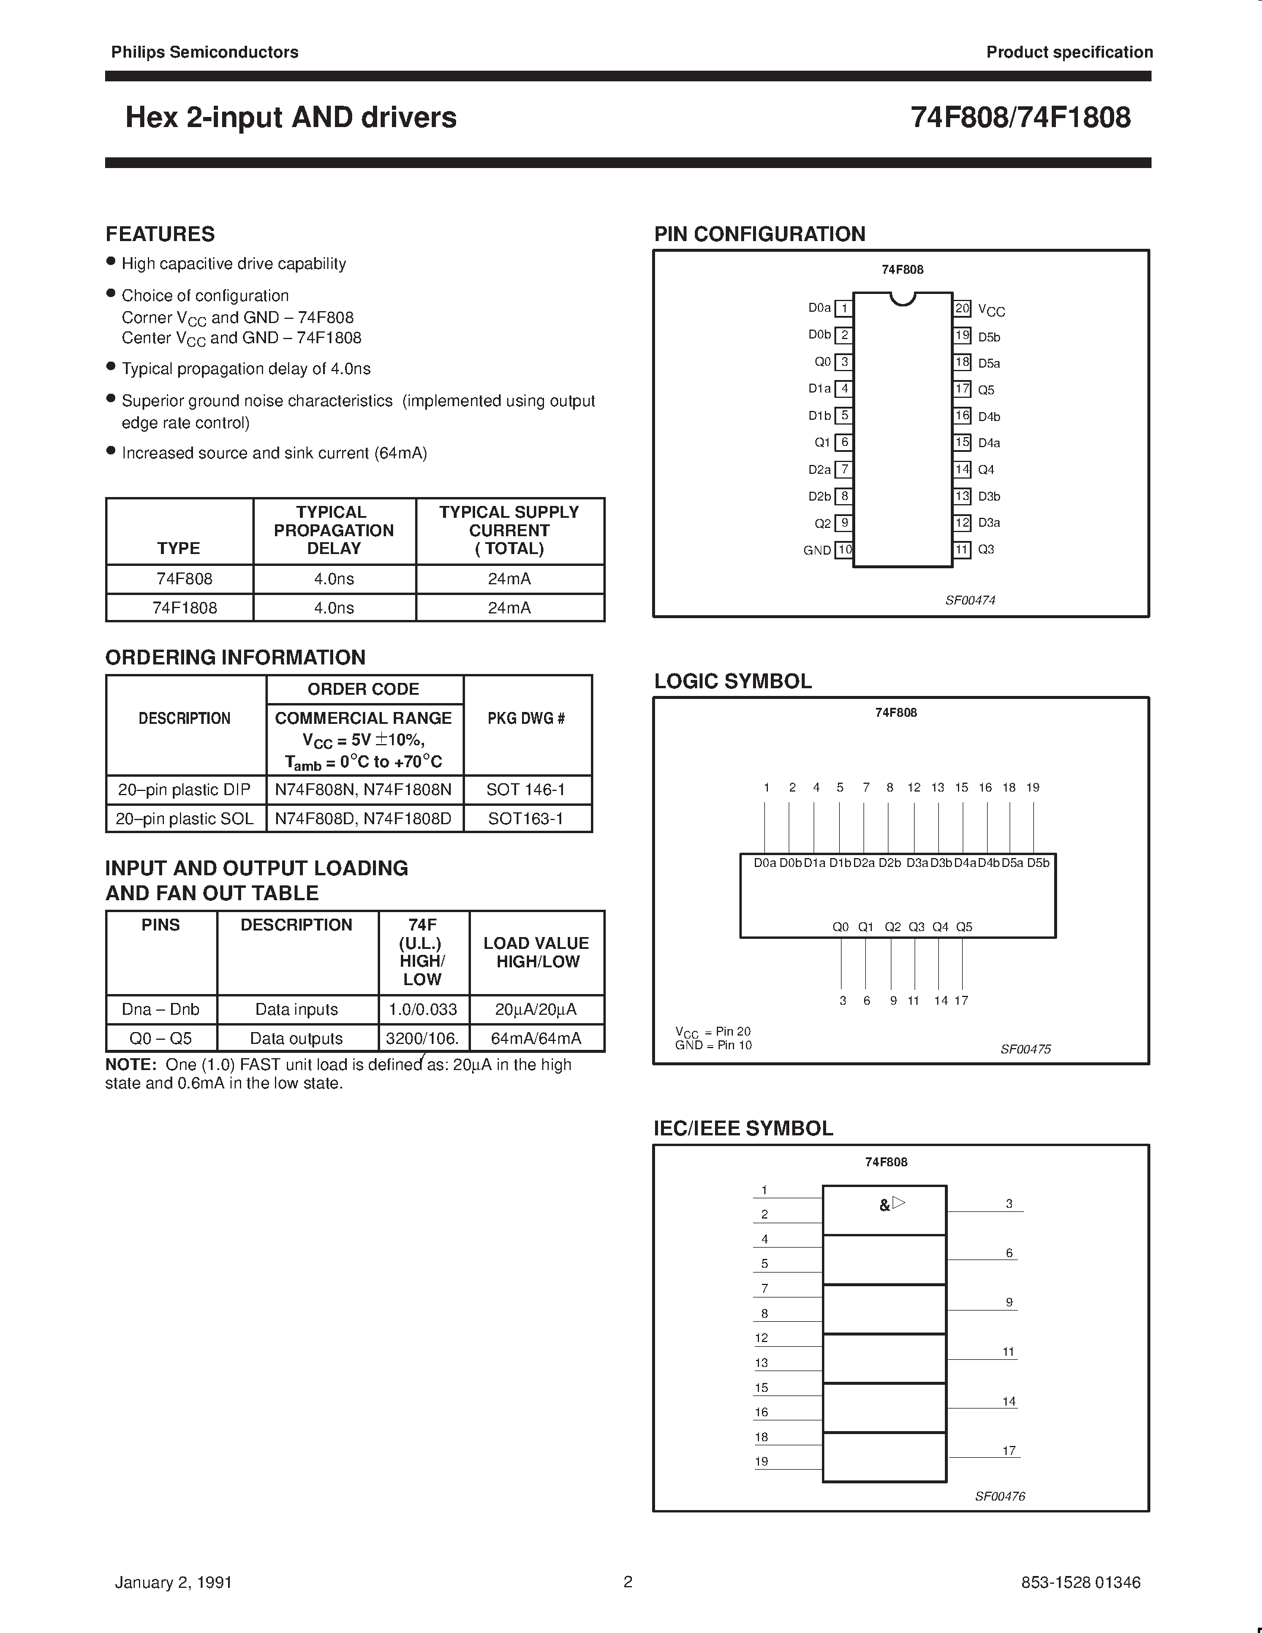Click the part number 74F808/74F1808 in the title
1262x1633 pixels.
(x=1020, y=118)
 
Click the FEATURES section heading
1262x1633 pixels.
(x=160, y=234)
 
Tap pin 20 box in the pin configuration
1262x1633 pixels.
(x=961, y=308)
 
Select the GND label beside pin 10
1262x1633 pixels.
(x=817, y=550)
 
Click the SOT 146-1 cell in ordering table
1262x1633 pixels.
(x=526, y=790)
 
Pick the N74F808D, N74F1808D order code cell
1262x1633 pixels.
(x=363, y=818)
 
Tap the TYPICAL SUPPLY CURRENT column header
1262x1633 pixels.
(x=509, y=530)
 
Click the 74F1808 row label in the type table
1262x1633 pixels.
(x=185, y=608)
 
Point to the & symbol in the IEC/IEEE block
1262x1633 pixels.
(x=884, y=1205)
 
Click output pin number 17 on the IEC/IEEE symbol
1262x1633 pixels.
(x=1008, y=1450)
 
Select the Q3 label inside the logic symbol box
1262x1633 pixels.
(x=916, y=926)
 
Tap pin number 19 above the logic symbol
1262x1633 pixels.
(x=1033, y=787)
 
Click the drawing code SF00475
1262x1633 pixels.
(x=1025, y=1049)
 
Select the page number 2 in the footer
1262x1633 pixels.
(x=628, y=1581)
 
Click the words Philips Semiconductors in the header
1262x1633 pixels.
(x=205, y=52)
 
